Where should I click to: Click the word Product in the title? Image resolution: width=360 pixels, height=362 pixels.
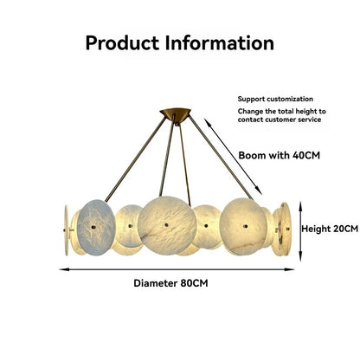[122, 43]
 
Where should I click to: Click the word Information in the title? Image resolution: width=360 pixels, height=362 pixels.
[220, 43]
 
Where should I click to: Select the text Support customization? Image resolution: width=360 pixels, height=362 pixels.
[275, 99]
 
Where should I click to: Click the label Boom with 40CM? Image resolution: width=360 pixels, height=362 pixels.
[280, 155]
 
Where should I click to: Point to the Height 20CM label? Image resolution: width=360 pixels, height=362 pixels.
[330, 229]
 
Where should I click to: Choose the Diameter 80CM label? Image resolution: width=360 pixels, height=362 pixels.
[170, 283]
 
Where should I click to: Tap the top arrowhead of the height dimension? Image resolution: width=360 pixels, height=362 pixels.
[300, 206]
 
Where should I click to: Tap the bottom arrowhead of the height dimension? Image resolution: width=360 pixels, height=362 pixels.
[300, 256]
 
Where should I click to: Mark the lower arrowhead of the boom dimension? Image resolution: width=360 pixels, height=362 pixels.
[259, 191]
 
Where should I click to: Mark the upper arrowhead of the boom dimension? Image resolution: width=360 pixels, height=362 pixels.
[208, 122]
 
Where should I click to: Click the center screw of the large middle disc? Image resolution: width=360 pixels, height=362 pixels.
[166, 225]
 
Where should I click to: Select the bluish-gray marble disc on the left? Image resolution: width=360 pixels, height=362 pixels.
[96, 228]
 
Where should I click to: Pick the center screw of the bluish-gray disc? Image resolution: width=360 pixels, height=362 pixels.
[93, 228]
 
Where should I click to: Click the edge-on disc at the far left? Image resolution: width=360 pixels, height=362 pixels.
[67, 230]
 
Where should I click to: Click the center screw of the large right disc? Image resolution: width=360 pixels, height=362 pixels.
[245, 226]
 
